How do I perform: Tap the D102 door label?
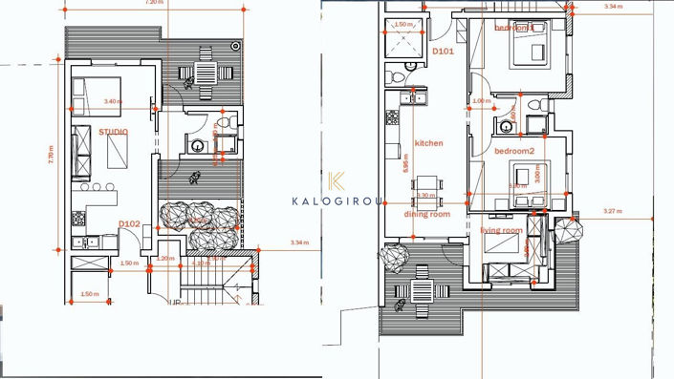click(130, 223)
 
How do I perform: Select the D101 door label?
click(443, 51)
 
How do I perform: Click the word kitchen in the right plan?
click(428, 143)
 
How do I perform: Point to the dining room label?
click(427, 214)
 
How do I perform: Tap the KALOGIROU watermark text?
click(337, 200)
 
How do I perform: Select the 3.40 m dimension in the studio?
click(113, 101)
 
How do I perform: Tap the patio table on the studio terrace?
click(207, 73)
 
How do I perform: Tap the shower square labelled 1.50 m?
click(403, 43)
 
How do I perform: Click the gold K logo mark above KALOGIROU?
click(337, 181)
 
